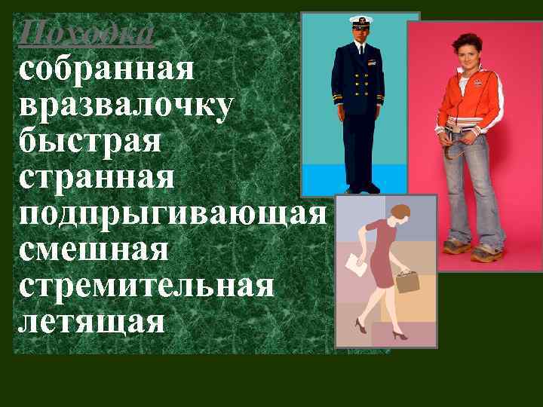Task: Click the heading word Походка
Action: tap(87, 32)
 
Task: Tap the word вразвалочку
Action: tap(125, 107)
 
